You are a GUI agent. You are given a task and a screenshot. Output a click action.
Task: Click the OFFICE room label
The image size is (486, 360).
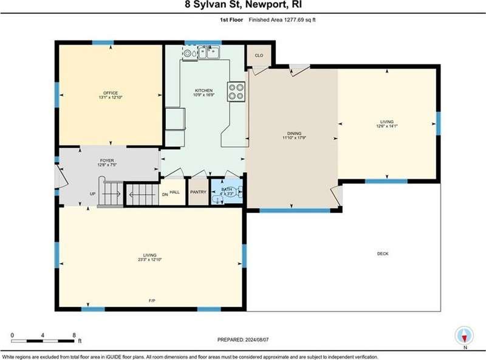(111, 93)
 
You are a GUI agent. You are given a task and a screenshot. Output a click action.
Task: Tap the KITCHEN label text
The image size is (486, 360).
(204, 91)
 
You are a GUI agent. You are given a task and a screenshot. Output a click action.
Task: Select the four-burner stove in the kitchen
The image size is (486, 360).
(236, 92)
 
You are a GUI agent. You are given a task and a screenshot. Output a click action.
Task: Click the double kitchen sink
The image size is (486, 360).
(209, 52)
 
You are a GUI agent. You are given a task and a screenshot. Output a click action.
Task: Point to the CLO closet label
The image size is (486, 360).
(259, 55)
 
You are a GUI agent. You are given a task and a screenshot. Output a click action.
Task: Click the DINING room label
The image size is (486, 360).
(294, 133)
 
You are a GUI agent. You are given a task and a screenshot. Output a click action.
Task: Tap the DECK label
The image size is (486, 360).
(383, 254)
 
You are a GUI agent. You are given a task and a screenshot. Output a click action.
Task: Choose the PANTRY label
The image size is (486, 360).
(198, 192)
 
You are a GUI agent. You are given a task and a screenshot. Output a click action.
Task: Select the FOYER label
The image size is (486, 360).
(107, 161)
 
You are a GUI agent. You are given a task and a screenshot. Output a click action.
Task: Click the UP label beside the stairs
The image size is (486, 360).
(92, 193)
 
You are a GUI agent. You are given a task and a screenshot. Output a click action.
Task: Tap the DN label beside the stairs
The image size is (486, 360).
(165, 195)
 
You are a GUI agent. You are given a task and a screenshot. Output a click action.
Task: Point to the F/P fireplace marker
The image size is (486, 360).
(152, 300)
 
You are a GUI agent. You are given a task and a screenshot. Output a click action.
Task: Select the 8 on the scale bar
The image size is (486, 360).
(74, 335)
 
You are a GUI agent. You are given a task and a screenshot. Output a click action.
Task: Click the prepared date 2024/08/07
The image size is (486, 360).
(256, 339)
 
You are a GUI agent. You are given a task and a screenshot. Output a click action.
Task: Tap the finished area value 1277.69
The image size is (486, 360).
(293, 19)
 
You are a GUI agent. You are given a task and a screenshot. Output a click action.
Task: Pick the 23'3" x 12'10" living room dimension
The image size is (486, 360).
(150, 260)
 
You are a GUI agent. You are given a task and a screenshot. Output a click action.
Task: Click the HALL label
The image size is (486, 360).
(174, 192)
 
